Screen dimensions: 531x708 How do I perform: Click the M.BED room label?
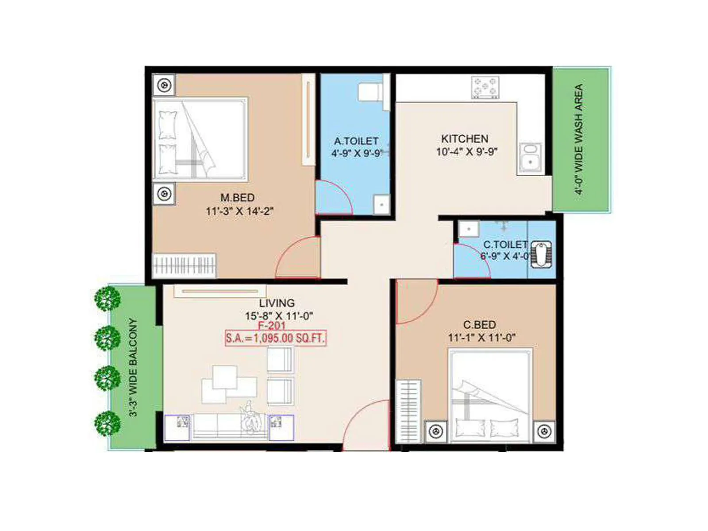[x=237, y=198]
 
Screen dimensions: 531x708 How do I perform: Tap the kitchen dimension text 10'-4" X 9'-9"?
[x=466, y=152]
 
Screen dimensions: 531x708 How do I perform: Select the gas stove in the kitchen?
[x=485, y=87]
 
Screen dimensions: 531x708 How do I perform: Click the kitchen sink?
[x=530, y=158]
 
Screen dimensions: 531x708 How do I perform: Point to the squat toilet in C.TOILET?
[x=541, y=254]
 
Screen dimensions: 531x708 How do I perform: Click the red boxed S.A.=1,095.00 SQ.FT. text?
[x=276, y=339]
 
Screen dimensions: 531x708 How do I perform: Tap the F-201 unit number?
[x=272, y=326]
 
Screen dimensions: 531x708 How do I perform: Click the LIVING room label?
[x=277, y=303]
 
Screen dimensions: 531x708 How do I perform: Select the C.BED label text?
[x=479, y=325]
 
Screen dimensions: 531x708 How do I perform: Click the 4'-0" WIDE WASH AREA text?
[x=579, y=139]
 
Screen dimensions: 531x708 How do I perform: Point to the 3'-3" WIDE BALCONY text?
[x=133, y=367]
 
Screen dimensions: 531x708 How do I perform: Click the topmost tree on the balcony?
[x=107, y=298]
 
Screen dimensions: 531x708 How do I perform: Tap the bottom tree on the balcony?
[x=107, y=423]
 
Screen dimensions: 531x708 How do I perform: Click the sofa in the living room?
[x=230, y=427]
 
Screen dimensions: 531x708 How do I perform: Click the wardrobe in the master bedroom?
[x=184, y=266]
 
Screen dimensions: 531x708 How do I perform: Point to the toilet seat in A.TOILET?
[x=369, y=92]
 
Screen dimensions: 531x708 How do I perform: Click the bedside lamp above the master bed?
[x=164, y=85]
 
